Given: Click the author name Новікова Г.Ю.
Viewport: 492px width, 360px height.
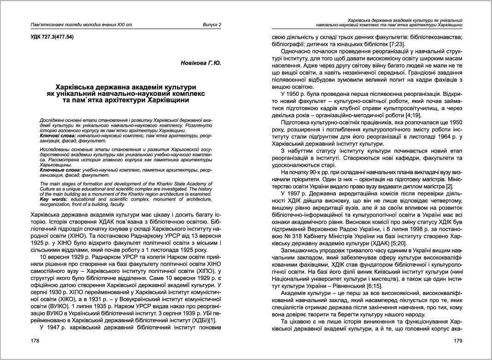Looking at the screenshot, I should point(200,63).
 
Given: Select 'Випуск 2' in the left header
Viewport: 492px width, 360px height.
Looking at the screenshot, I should point(212,24).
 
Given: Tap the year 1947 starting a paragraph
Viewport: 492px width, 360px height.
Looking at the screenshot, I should point(59,327).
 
